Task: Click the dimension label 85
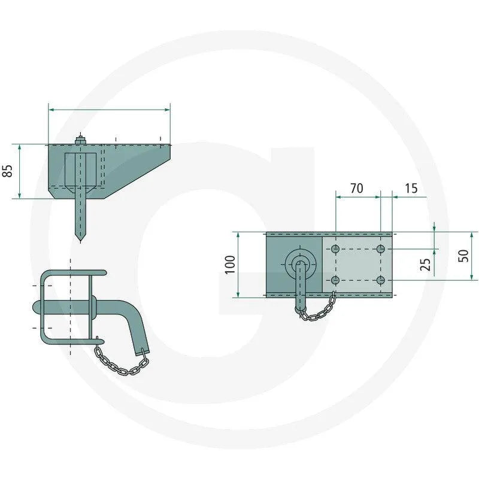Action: pos(7,171)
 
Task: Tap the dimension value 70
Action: pos(356,188)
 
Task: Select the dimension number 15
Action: pos(411,188)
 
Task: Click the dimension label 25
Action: pos(425,265)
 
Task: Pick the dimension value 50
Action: pos(463,256)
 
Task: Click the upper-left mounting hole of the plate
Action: pos(335,249)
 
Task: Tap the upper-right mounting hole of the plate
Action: pos(381,249)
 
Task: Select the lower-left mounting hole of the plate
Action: pos(335,280)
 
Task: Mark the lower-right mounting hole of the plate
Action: pos(381,280)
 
